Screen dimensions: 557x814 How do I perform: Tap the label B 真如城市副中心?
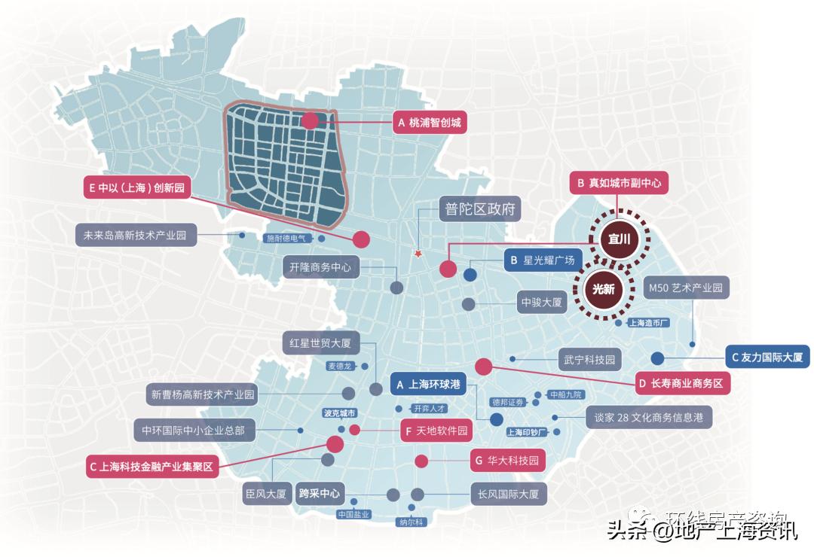617,183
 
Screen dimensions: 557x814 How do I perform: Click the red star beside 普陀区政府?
417,254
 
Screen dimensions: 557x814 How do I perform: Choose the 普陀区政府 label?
480,209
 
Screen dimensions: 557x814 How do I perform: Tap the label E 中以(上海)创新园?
136,187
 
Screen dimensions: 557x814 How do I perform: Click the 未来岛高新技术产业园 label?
136,235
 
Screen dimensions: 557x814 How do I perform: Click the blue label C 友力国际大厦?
767,358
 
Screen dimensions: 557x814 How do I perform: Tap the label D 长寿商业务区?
681,383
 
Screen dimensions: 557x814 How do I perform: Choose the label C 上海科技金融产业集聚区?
151,467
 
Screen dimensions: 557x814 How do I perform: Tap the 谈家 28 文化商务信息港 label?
649,417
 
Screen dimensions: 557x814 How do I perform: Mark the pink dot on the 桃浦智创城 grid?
310,122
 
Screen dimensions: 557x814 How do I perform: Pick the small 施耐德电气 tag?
286,239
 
